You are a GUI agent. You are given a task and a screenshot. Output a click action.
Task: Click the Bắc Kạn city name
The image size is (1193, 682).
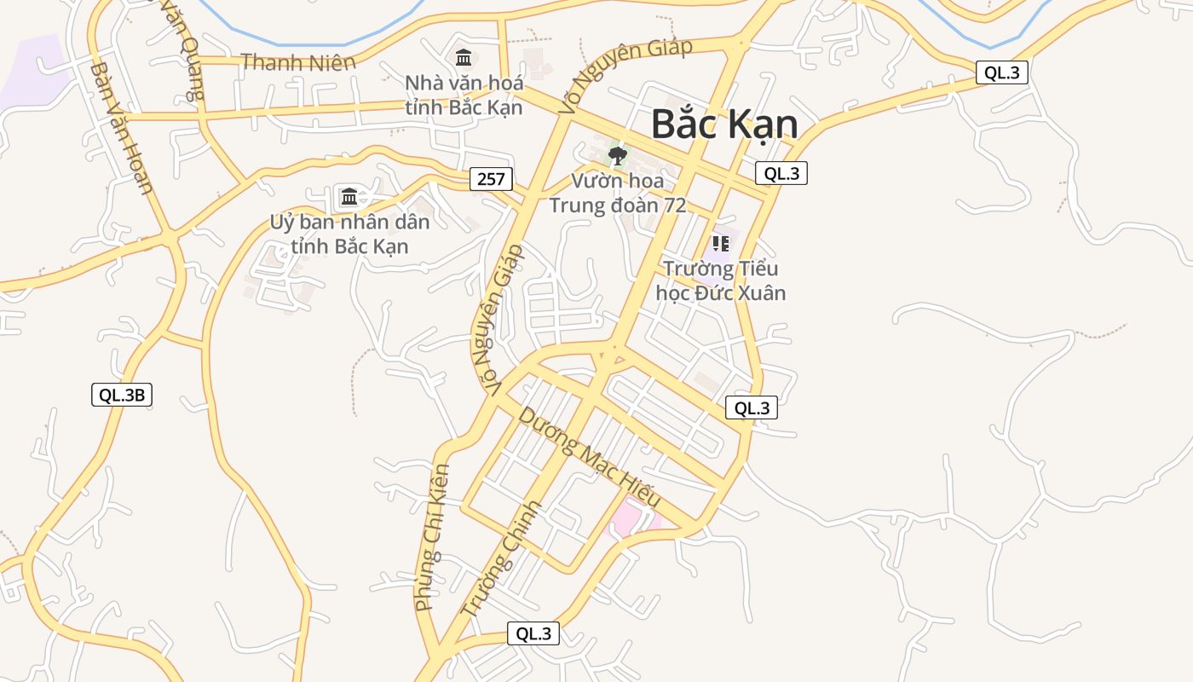click(724, 124)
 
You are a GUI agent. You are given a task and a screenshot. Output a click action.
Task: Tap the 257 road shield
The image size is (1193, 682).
click(491, 179)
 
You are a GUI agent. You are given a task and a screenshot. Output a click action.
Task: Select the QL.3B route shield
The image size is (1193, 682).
click(122, 395)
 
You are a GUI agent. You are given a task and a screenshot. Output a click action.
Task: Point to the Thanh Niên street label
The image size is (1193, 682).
click(297, 61)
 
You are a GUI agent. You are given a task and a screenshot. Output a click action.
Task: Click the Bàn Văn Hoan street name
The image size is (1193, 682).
click(121, 128)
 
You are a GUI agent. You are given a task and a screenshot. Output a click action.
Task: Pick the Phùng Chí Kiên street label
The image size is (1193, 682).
click(431, 537)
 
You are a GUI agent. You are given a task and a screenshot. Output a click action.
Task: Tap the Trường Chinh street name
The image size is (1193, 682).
click(500, 558)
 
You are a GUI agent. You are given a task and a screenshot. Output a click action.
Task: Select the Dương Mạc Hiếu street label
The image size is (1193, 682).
click(589, 457)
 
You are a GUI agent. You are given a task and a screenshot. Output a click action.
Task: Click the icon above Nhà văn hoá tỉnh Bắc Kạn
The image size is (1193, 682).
click(464, 58)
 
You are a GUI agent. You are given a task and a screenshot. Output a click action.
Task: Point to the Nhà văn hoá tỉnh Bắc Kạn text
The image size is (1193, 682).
click(464, 95)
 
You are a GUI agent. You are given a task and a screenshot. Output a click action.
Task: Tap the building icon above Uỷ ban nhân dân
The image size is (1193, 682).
click(349, 197)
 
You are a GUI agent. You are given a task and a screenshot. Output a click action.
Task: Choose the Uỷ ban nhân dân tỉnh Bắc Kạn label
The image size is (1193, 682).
click(349, 234)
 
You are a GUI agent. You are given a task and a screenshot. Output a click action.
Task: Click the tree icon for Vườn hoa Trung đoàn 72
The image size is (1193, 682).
click(617, 156)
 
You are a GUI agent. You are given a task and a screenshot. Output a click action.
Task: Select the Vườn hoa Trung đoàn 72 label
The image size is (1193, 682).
click(617, 194)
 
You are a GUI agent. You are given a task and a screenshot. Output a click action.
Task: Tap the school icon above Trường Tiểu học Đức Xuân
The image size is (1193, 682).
click(721, 244)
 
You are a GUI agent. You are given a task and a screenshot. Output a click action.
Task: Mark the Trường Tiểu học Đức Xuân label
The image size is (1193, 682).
click(721, 280)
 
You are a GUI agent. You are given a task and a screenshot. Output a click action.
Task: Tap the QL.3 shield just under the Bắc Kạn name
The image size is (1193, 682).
click(781, 173)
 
